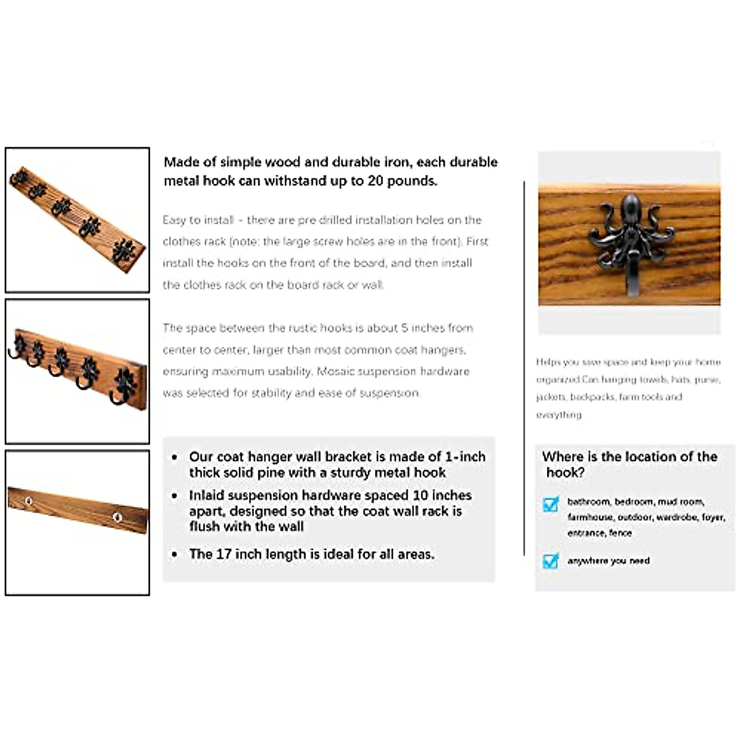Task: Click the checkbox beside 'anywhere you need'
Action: (550, 561)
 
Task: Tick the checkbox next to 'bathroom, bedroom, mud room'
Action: (550, 504)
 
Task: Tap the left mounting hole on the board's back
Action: (28, 501)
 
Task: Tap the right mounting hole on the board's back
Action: (116, 516)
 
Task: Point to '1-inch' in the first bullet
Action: (465, 457)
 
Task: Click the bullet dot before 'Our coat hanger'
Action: (175, 458)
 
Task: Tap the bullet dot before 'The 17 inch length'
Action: (175, 555)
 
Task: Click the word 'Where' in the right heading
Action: (563, 457)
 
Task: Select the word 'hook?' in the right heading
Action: (565, 473)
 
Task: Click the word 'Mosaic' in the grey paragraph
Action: (338, 371)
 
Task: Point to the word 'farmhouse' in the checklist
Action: (590, 517)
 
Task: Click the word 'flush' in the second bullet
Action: (206, 527)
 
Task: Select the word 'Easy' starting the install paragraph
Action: (175, 220)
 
